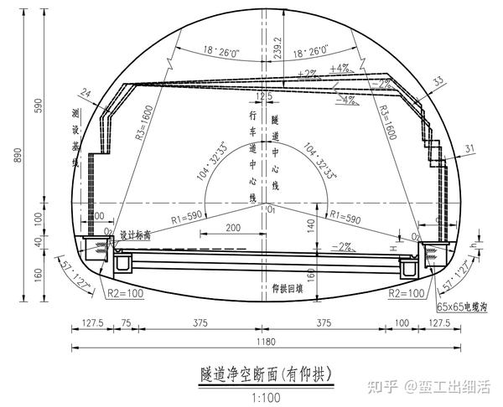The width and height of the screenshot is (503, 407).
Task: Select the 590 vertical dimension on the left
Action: tap(38, 104)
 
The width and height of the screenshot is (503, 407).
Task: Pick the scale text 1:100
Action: tap(266, 394)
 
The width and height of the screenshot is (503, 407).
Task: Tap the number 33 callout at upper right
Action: tap(438, 81)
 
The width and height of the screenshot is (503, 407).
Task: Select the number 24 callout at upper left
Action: tap(86, 95)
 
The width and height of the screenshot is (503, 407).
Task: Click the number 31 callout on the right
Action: tap(469, 149)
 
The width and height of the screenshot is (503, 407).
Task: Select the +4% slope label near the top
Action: tap(340, 68)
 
